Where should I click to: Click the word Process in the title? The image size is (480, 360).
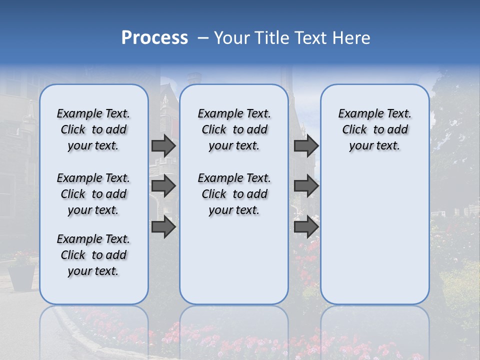coord(154,38)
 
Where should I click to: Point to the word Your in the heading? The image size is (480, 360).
coord(232,38)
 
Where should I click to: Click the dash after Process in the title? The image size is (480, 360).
coord(203,38)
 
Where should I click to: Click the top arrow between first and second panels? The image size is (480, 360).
coord(163,145)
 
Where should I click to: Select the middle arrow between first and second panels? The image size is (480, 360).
coord(163,186)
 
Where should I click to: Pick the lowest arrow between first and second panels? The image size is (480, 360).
coord(163,227)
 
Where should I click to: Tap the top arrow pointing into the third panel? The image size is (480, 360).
coord(306,145)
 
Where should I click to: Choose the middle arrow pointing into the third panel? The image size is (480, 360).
coord(306,186)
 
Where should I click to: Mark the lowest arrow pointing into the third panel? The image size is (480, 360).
coord(306,227)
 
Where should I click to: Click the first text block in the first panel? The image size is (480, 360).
coord(93,129)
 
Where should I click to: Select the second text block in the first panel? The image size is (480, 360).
coord(93,194)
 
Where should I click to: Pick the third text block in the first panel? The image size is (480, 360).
coord(93,255)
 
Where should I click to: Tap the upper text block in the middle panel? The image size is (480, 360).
coord(234,129)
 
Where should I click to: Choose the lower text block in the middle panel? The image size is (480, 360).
coord(234,194)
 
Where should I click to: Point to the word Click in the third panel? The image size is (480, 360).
coord(354,130)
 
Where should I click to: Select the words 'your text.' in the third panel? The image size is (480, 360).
coord(374,146)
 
